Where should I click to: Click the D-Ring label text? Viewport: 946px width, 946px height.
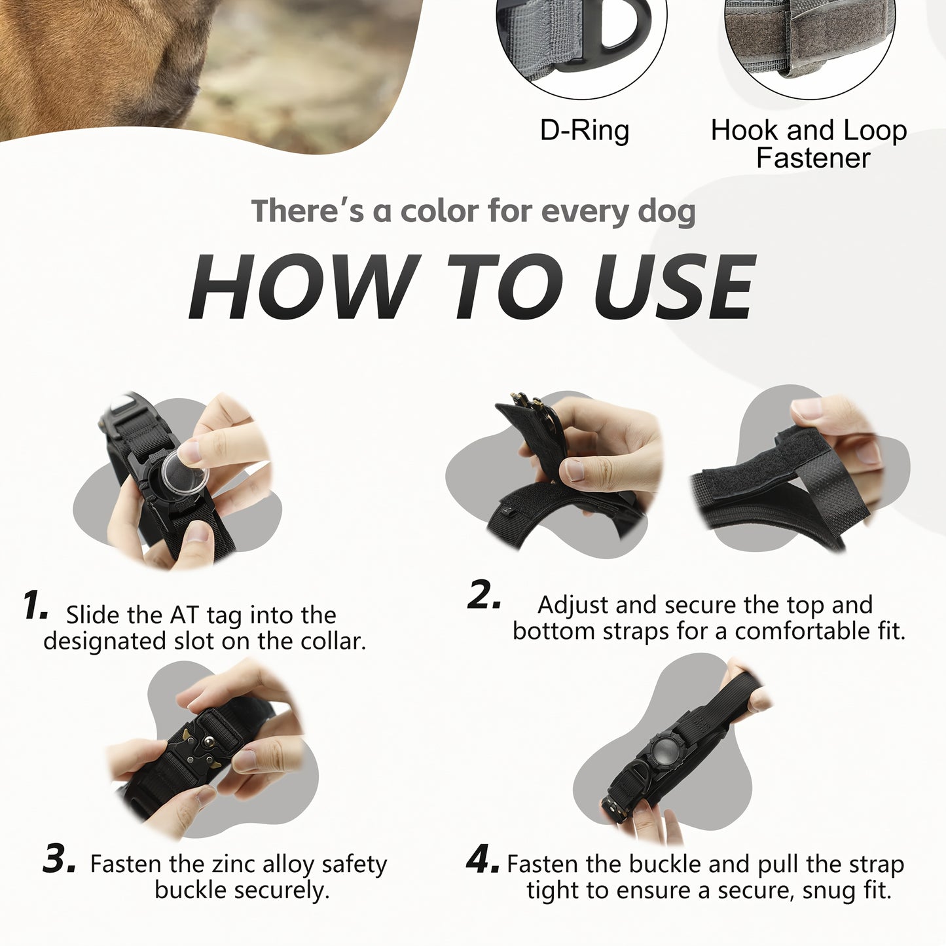click(x=584, y=131)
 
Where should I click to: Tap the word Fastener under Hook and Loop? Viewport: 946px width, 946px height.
click(x=812, y=158)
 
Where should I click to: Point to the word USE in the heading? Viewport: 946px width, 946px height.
click(x=674, y=287)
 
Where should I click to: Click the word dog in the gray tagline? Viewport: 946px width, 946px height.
click(x=666, y=212)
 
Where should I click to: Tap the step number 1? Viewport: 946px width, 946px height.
click(x=34, y=605)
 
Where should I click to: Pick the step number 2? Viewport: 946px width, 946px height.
click(x=483, y=595)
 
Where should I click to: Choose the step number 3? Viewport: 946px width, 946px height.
click(x=60, y=858)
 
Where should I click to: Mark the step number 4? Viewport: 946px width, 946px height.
click(x=483, y=859)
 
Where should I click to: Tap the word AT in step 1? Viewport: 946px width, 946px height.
click(x=185, y=615)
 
